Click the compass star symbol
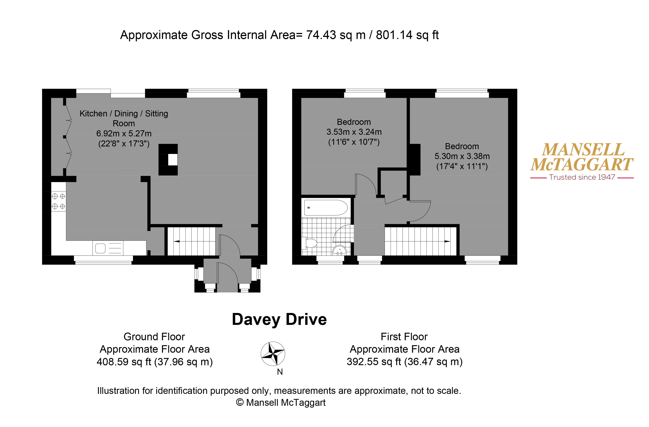(x=273, y=354)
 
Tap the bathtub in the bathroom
(x=326, y=208)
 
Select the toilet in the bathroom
(x=309, y=243)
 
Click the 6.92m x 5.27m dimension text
(x=124, y=133)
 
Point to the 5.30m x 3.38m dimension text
(x=462, y=156)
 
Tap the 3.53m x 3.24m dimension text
(x=354, y=132)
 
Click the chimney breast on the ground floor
(x=168, y=160)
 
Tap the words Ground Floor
(x=154, y=337)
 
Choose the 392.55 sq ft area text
(x=374, y=362)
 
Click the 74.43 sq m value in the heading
(x=336, y=35)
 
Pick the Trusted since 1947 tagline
(x=582, y=177)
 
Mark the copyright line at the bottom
(x=281, y=402)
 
